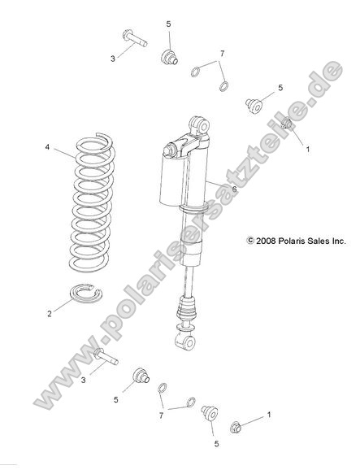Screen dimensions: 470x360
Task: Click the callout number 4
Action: pyautogui.click(x=47, y=148)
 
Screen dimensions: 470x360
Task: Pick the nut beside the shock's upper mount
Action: pyautogui.click(x=288, y=124)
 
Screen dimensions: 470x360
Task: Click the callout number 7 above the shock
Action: pyautogui.click(x=221, y=54)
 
